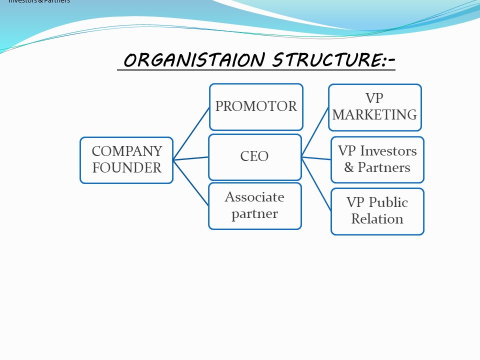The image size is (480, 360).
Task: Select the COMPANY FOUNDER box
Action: point(126,160)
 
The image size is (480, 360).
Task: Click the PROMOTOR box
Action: point(256,106)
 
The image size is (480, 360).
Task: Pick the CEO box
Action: point(254,156)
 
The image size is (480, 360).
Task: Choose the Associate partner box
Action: point(254,205)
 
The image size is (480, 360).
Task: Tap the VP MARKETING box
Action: point(374,107)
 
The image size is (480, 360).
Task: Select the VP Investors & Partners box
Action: point(377,159)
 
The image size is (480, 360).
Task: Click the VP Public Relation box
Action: point(377,211)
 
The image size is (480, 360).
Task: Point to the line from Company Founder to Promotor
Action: point(191,133)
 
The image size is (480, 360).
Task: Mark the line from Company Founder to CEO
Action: point(191,158)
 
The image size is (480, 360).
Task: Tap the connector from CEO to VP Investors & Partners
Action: point(316,158)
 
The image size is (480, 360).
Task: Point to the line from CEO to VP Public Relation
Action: point(316,183)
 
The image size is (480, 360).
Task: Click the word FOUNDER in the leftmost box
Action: point(127,168)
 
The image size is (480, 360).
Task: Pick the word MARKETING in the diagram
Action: point(374,115)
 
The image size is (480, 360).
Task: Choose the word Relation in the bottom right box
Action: point(377,219)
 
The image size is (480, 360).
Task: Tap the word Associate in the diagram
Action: point(254,197)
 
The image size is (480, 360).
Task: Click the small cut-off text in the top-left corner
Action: point(39,1)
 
